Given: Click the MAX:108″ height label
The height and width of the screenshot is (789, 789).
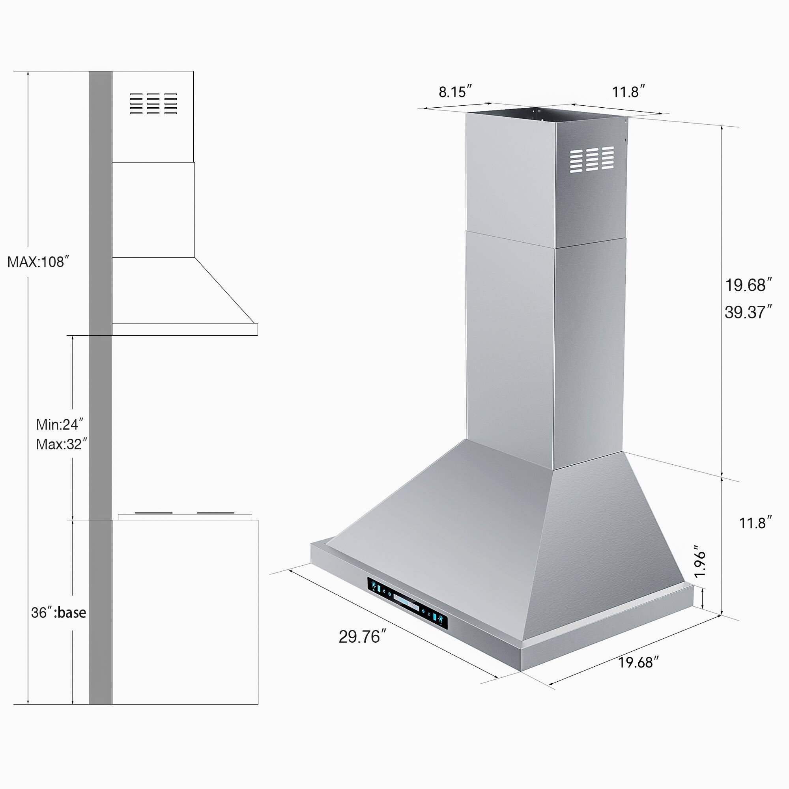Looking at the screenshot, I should coord(36,262).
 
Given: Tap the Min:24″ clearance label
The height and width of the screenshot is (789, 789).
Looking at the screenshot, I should coord(60,424).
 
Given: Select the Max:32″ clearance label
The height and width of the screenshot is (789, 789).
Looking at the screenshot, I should coord(61,444).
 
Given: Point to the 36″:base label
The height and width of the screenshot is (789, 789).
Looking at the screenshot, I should coord(58,613).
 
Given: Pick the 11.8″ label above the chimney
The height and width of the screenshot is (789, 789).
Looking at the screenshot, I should coord(628,92).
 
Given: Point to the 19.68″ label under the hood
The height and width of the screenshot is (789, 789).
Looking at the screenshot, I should coord(638,662).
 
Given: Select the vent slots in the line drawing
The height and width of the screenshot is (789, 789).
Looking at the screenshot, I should coord(153,103).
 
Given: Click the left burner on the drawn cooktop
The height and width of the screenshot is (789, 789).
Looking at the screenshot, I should coord(153,513).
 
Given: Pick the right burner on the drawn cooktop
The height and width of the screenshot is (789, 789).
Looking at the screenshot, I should coord(216,513).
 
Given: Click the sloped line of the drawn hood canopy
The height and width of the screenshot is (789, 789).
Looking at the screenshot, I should coord(226,290).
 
